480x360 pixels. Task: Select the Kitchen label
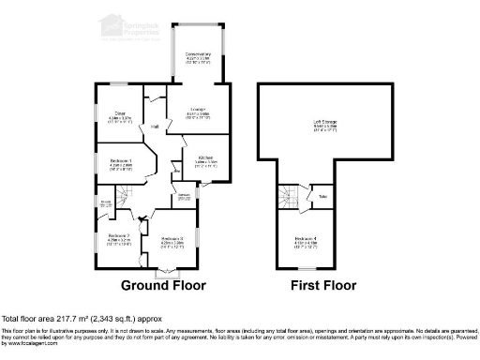coord(206,160)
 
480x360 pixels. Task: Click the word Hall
coord(156,126)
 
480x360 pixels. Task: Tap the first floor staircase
coord(291,197)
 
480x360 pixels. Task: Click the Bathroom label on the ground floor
coord(185,197)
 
